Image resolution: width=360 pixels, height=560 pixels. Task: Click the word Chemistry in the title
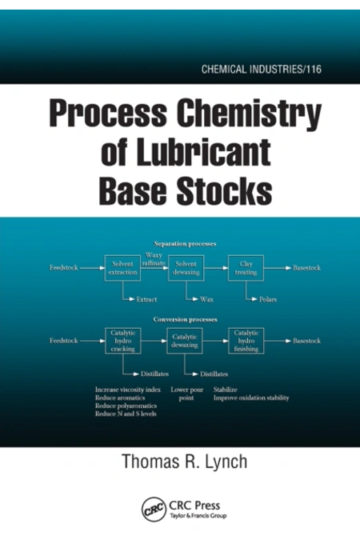click(250, 115)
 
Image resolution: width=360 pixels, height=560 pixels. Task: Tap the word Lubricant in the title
click(203, 153)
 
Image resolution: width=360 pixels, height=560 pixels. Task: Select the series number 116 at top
click(314, 69)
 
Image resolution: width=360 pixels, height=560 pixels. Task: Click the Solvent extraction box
click(122, 268)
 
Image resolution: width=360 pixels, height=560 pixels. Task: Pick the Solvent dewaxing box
click(186, 268)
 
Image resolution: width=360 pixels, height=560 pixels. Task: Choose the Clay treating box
click(246, 268)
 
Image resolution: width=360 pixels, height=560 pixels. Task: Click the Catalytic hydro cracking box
click(123, 341)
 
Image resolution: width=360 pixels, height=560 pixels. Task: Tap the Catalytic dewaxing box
click(185, 341)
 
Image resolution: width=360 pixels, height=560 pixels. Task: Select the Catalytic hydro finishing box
click(246, 341)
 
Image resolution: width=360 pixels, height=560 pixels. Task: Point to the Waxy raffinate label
click(154, 259)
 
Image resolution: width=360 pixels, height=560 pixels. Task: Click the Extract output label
click(146, 299)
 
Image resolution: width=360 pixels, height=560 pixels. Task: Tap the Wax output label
click(206, 299)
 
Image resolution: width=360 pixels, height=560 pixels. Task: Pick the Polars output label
click(268, 299)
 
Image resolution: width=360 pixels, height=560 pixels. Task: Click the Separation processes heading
click(185, 244)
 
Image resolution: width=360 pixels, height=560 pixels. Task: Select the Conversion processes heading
click(185, 319)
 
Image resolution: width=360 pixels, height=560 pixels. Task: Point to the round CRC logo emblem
click(154, 509)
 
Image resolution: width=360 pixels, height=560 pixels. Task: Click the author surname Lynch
click(226, 461)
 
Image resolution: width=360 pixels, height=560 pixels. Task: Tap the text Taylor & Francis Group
click(198, 516)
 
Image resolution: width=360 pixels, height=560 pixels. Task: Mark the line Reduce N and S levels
click(126, 414)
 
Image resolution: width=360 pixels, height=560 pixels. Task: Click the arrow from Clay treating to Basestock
click(278, 268)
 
